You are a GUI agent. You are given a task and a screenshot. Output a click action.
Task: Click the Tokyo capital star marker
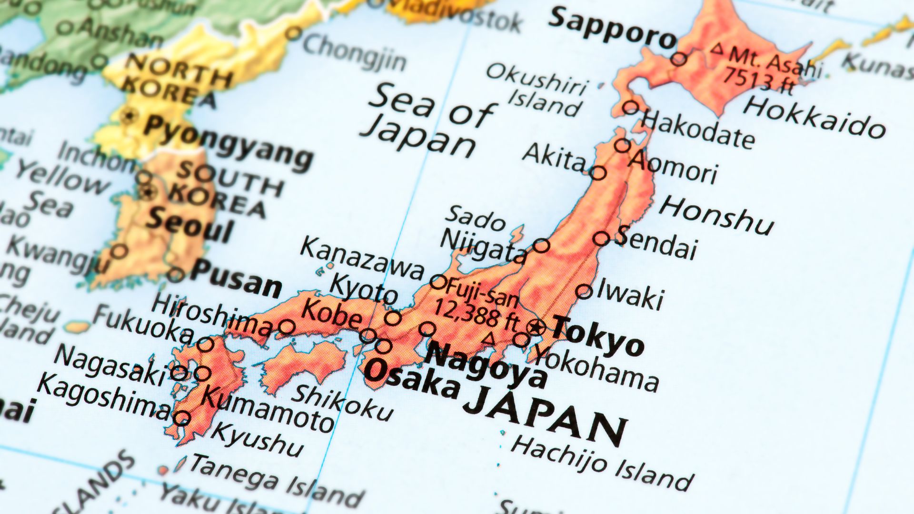(x=536, y=327)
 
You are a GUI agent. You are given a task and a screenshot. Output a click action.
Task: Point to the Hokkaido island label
(x=814, y=117)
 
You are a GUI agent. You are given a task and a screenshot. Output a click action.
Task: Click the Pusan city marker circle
(x=175, y=275)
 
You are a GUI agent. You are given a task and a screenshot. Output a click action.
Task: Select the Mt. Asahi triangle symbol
(x=717, y=48)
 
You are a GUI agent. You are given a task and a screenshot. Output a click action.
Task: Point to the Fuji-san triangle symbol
(x=489, y=339)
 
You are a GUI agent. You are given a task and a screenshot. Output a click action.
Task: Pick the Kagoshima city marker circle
(x=182, y=418)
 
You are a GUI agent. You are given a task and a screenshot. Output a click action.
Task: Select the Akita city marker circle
(x=598, y=173)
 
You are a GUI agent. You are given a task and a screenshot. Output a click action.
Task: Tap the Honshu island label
(x=716, y=215)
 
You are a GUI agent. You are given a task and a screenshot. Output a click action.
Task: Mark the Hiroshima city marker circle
(x=287, y=327)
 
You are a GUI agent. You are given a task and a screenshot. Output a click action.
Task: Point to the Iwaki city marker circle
(x=584, y=291)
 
